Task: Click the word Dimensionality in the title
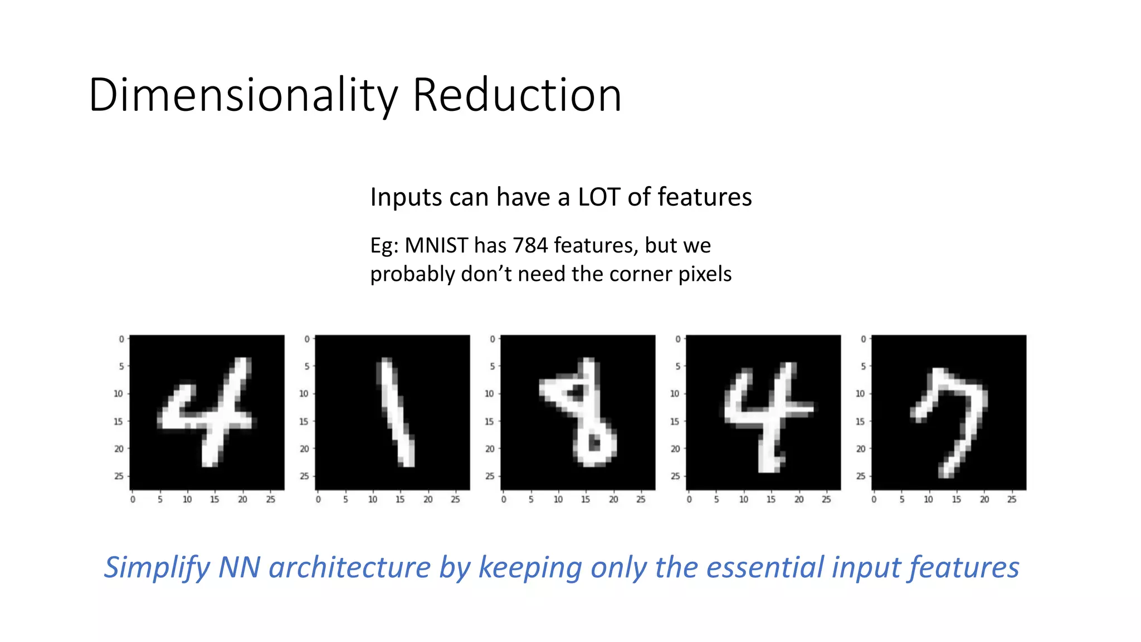243,96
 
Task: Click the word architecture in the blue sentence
349,567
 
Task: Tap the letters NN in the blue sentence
239,567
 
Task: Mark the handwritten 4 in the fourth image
766,415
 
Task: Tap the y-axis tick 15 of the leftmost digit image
118,421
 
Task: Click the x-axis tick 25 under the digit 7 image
1012,499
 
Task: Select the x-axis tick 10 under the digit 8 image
558,499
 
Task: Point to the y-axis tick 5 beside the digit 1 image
306,367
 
